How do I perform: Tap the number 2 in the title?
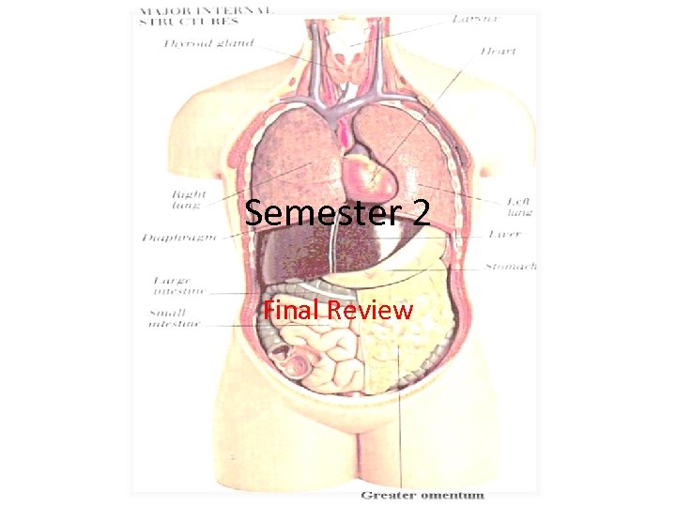[419, 214]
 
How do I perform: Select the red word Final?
[289, 309]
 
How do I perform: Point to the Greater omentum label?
[422, 495]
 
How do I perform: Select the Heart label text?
[498, 51]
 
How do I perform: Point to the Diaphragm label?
[179, 238]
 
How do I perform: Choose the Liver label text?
[506, 235]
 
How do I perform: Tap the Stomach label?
[511, 267]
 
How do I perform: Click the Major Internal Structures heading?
[207, 14]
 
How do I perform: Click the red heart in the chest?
[364, 172]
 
